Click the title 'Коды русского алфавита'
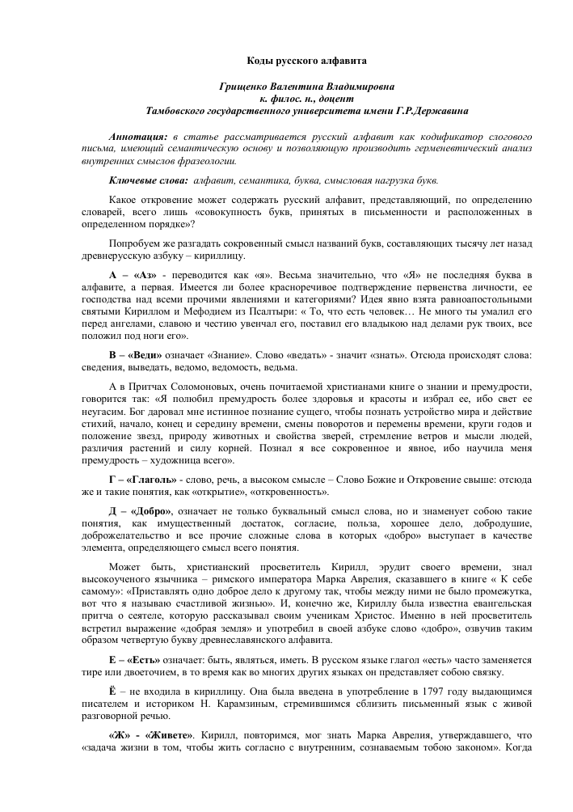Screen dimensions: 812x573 click(x=285, y=61)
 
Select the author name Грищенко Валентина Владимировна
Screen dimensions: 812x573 click(x=285, y=87)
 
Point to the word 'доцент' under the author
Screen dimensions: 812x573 click(x=308, y=99)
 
